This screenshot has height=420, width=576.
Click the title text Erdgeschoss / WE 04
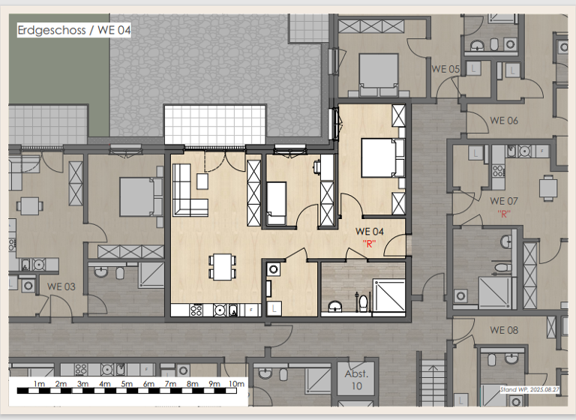coord(73,30)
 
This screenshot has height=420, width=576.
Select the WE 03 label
coord(61,286)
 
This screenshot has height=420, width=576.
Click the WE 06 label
coord(504,120)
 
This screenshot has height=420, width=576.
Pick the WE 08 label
coord(504,330)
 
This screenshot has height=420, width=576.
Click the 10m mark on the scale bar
coord(236,385)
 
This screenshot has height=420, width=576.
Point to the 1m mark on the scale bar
coord(40,385)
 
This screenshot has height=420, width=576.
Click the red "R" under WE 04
coord(369,243)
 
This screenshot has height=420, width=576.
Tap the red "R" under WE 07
coord(504,214)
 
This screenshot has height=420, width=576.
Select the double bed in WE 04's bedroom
coord(382,157)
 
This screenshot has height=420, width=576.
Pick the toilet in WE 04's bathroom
coord(363,301)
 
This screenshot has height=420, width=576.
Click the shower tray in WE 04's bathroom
coord(389,295)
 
